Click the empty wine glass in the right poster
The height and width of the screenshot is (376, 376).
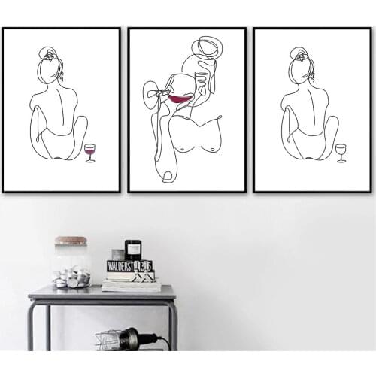[x=341, y=150]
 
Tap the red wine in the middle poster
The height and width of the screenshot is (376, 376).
[x=180, y=99]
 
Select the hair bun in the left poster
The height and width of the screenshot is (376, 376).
[x=47, y=53]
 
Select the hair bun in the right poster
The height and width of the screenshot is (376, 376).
[x=299, y=53]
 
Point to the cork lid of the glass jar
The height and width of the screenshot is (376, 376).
[x=71, y=241]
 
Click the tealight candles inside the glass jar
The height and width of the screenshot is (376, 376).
[x=71, y=278]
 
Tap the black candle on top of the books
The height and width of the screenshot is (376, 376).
[x=133, y=250]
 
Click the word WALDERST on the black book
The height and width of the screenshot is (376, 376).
[x=121, y=266]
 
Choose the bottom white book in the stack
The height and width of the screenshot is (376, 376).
[x=131, y=287]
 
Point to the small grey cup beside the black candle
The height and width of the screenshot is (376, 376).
[x=117, y=255]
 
